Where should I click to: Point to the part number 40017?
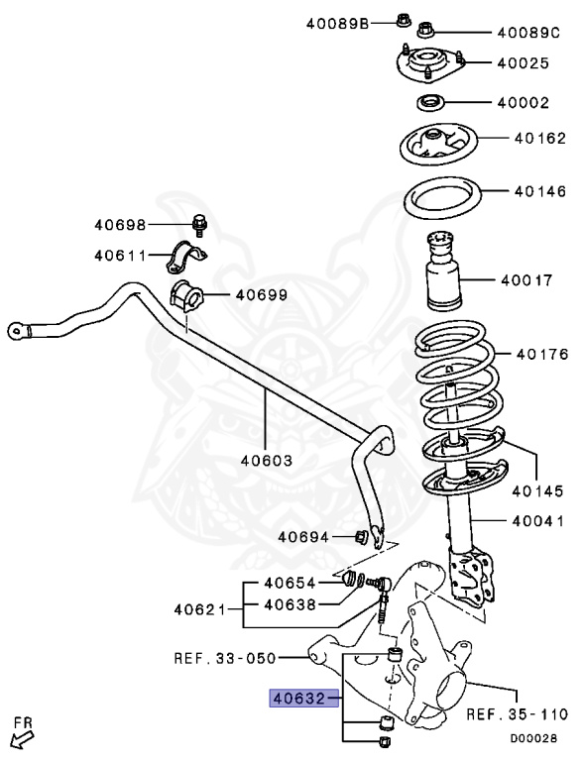tap(526, 279)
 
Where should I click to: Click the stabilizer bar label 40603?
tap(265, 460)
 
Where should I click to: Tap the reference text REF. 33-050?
tap(225, 656)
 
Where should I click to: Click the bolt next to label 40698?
tap(200, 225)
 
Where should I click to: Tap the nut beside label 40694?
tap(361, 537)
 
